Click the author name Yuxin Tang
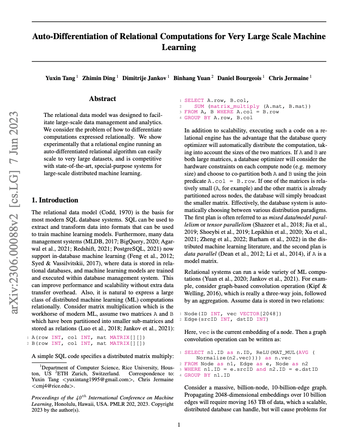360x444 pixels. point(60,78)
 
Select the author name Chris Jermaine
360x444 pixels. point(289,78)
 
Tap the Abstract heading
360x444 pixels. point(102,99)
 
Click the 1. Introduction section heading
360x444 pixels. point(55,200)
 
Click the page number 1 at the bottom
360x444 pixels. point(179,425)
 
